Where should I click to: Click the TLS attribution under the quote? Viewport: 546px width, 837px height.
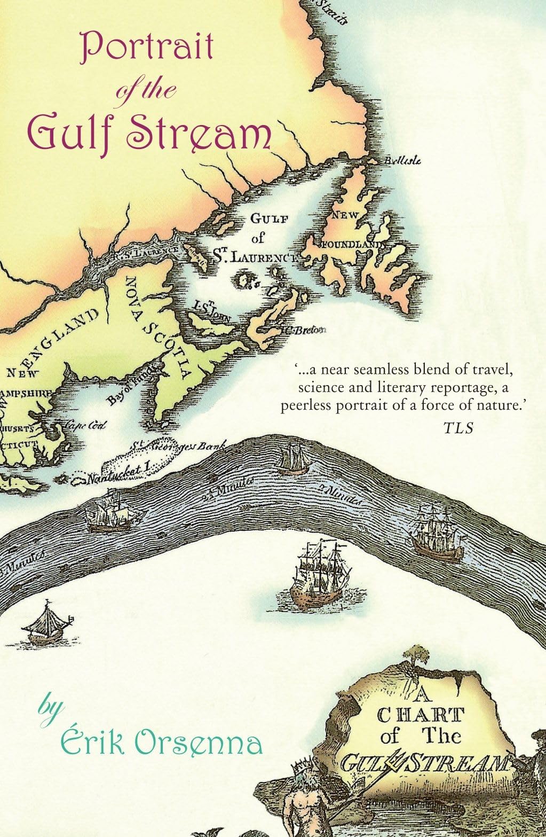[458, 428]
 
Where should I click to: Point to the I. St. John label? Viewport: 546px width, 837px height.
[212, 311]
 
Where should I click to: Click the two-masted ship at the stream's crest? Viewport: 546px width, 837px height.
[294, 458]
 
